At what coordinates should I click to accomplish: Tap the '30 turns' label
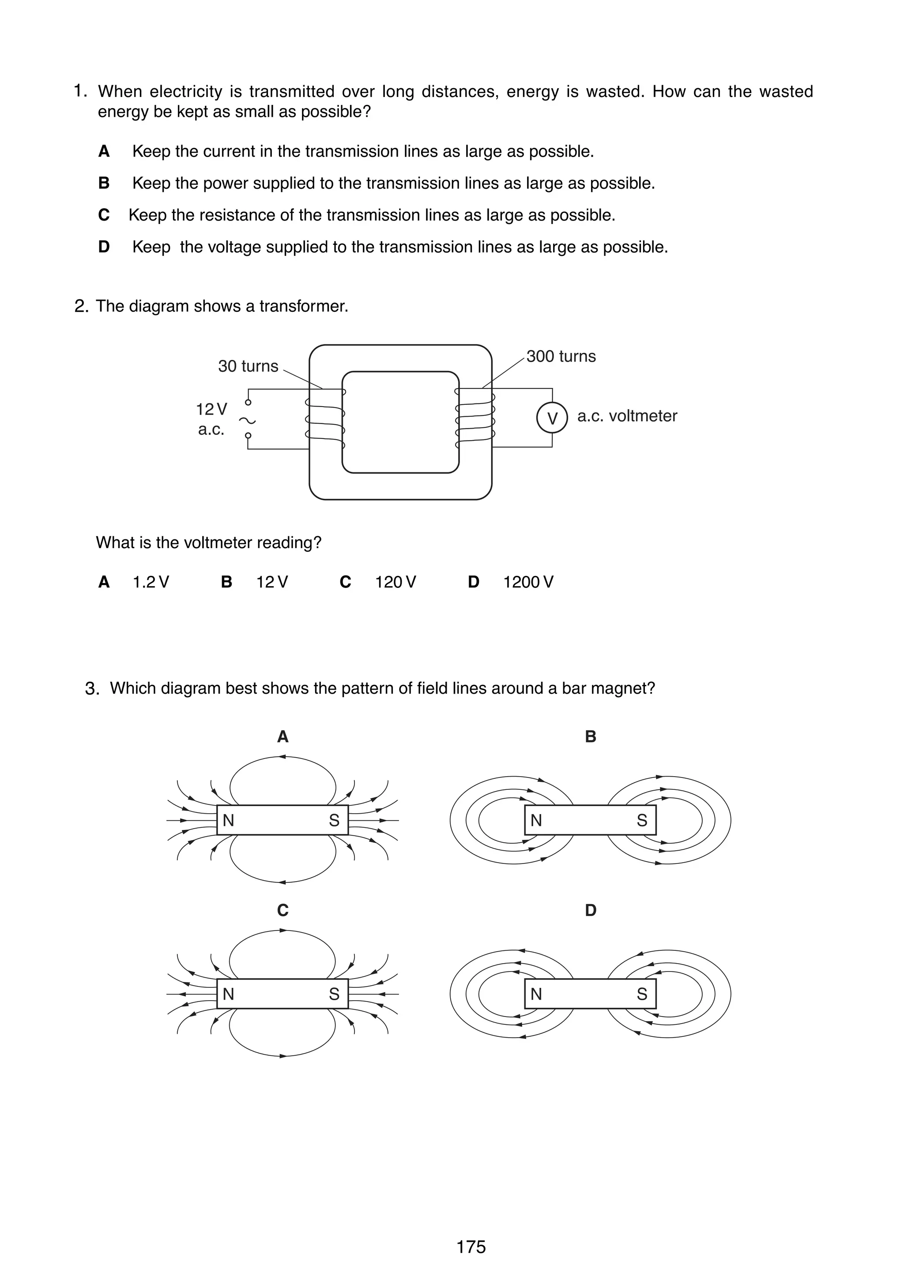point(248,366)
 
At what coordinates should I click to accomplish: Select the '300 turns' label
point(561,356)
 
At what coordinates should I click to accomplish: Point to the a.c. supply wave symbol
point(247,420)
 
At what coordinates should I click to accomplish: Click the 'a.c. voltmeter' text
point(627,416)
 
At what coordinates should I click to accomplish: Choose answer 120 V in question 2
point(395,582)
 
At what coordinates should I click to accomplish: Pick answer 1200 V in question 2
point(528,582)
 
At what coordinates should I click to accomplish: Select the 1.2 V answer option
point(151,582)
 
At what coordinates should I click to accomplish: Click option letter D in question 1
point(104,247)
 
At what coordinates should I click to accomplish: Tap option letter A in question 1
point(104,151)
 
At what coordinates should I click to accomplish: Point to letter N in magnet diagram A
point(228,820)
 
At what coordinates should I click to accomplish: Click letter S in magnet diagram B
point(642,820)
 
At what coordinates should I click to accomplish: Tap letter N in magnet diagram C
point(228,994)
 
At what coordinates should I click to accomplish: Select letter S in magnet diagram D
point(642,994)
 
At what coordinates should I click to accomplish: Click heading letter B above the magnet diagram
point(591,737)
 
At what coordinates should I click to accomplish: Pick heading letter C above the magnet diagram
point(282,911)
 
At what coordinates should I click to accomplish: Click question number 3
point(92,689)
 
